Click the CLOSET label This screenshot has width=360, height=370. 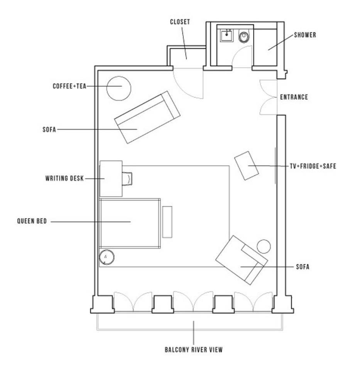[x=180, y=22]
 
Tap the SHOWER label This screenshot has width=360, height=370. [x=305, y=35]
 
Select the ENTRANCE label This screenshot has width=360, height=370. [x=294, y=97]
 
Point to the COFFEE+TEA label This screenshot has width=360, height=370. [x=69, y=86]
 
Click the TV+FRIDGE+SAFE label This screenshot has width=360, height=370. [x=313, y=166]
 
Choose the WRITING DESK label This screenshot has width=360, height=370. [x=64, y=178]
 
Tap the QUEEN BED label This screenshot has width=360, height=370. [x=32, y=221]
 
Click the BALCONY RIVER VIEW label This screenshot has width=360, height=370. [x=194, y=350]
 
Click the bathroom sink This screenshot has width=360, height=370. [x=227, y=35]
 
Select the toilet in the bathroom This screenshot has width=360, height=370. [x=244, y=36]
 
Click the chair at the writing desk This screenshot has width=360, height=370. [x=127, y=179]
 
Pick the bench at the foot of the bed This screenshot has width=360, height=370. [x=167, y=222]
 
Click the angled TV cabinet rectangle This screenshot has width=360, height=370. [x=247, y=166]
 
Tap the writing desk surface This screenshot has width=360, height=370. [x=111, y=178]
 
